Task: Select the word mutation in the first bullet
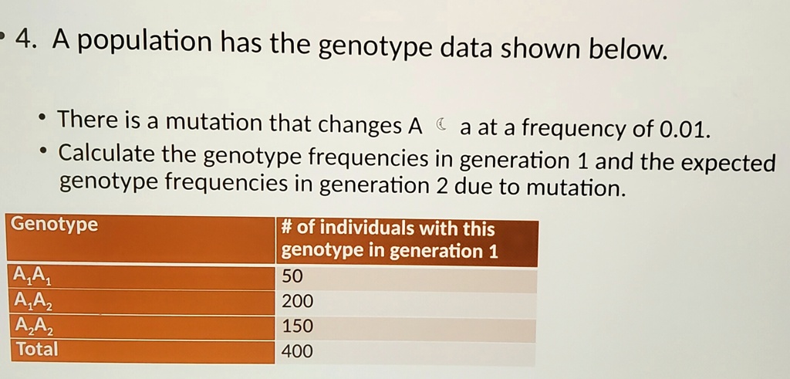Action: point(214,122)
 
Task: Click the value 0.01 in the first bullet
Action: point(680,127)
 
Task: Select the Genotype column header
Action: point(55,225)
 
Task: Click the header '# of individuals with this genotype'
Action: point(390,240)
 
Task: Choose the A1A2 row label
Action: point(30,301)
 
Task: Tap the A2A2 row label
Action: point(30,326)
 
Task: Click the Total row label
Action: point(35,349)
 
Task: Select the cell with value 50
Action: point(294,276)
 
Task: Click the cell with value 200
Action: point(298,301)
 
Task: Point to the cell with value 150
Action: point(298,327)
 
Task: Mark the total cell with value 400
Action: point(298,352)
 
